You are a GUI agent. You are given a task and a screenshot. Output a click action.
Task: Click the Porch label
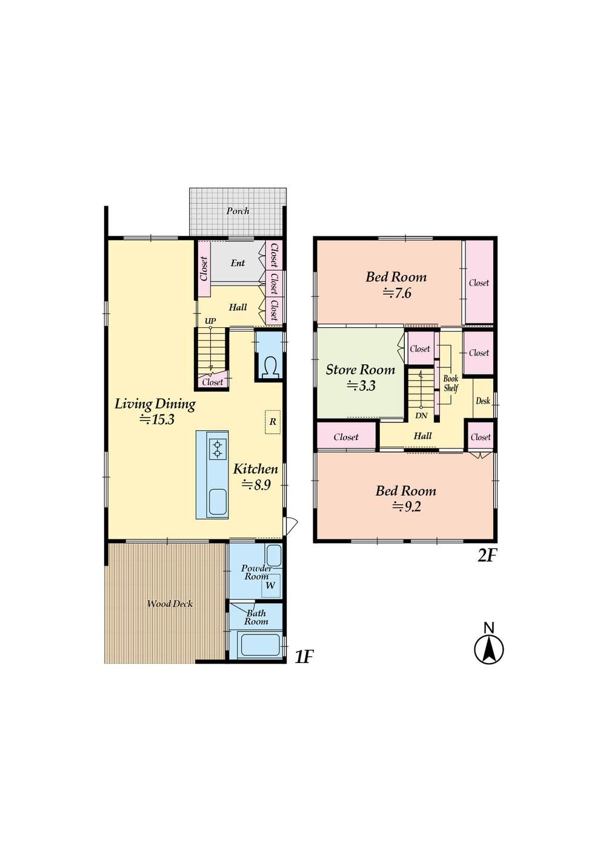coord(238,211)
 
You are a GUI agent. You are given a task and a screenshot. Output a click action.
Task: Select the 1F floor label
coord(304,657)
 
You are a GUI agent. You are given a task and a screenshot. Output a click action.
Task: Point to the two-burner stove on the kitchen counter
coord(218,449)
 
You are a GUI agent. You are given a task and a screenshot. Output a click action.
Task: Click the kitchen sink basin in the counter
coord(218,502)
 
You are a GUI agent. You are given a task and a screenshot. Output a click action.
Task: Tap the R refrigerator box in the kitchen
coord(273,422)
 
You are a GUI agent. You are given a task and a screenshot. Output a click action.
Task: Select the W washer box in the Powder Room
coord(271,585)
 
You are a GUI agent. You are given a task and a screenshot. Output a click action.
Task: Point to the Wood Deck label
coord(170,604)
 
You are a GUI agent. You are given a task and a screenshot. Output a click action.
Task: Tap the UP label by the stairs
coord(210,321)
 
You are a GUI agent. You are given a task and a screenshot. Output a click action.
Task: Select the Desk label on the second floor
coord(483,401)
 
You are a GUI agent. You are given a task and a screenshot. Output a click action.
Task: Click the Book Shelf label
coord(451,383)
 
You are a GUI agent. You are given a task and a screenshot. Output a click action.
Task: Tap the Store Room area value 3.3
coord(361,385)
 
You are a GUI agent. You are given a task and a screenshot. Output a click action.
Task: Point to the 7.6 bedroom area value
coord(397,293)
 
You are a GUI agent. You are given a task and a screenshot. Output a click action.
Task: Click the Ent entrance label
coord(238,263)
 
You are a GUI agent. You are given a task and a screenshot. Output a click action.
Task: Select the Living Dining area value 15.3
coord(157,419)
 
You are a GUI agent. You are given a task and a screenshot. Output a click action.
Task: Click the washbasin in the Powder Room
coord(273,556)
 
